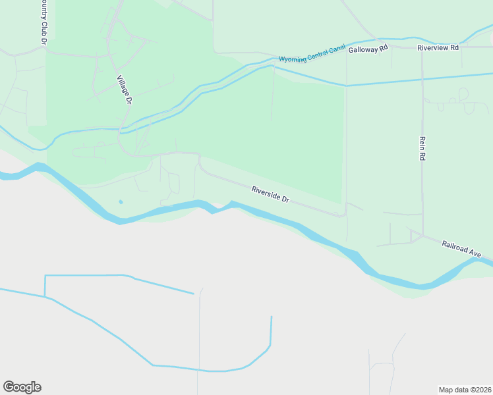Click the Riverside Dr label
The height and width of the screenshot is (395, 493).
pos(270,194)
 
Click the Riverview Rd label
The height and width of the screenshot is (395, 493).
pos(438,48)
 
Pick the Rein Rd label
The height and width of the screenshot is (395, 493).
pos(421,149)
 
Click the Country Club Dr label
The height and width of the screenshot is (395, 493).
pos(43,22)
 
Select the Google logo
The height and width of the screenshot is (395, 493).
pos(22,386)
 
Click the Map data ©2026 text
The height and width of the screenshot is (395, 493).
pos(465,389)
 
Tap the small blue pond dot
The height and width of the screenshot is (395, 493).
pos(120,201)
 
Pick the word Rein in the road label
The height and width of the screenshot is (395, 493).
pos(421,144)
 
